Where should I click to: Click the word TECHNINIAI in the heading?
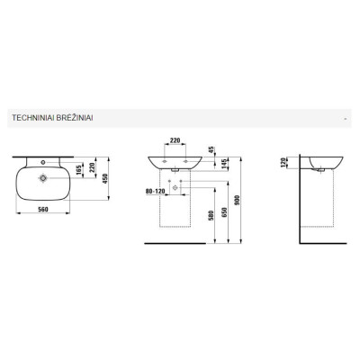32,118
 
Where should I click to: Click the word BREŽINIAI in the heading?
75,117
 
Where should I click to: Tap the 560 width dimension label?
43,210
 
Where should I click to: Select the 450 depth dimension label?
105,178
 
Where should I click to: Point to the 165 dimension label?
79,170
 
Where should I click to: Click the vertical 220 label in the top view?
93,167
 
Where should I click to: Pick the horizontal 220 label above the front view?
175,140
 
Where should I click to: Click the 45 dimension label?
211,149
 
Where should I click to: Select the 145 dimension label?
224,164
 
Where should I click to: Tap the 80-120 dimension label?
156,191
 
